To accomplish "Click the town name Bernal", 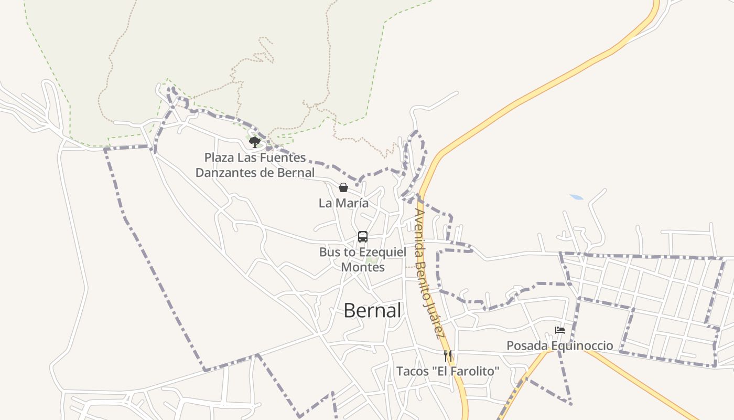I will (x=372, y=310).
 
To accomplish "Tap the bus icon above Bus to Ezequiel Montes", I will (x=363, y=236).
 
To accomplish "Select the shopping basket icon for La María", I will (x=343, y=187).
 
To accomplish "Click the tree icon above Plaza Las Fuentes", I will (x=255, y=142).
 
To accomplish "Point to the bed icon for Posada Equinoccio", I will (x=560, y=331).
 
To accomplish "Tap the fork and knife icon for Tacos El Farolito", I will (x=448, y=356).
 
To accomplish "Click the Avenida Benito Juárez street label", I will (x=429, y=273).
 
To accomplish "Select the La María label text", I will (x=343, y=203).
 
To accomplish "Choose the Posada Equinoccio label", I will (x=559, y=346).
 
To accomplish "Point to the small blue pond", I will (x=577, y=197).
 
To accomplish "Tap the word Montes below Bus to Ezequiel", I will (x=363, y=267).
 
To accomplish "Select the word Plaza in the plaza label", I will (x=219, y=157).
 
